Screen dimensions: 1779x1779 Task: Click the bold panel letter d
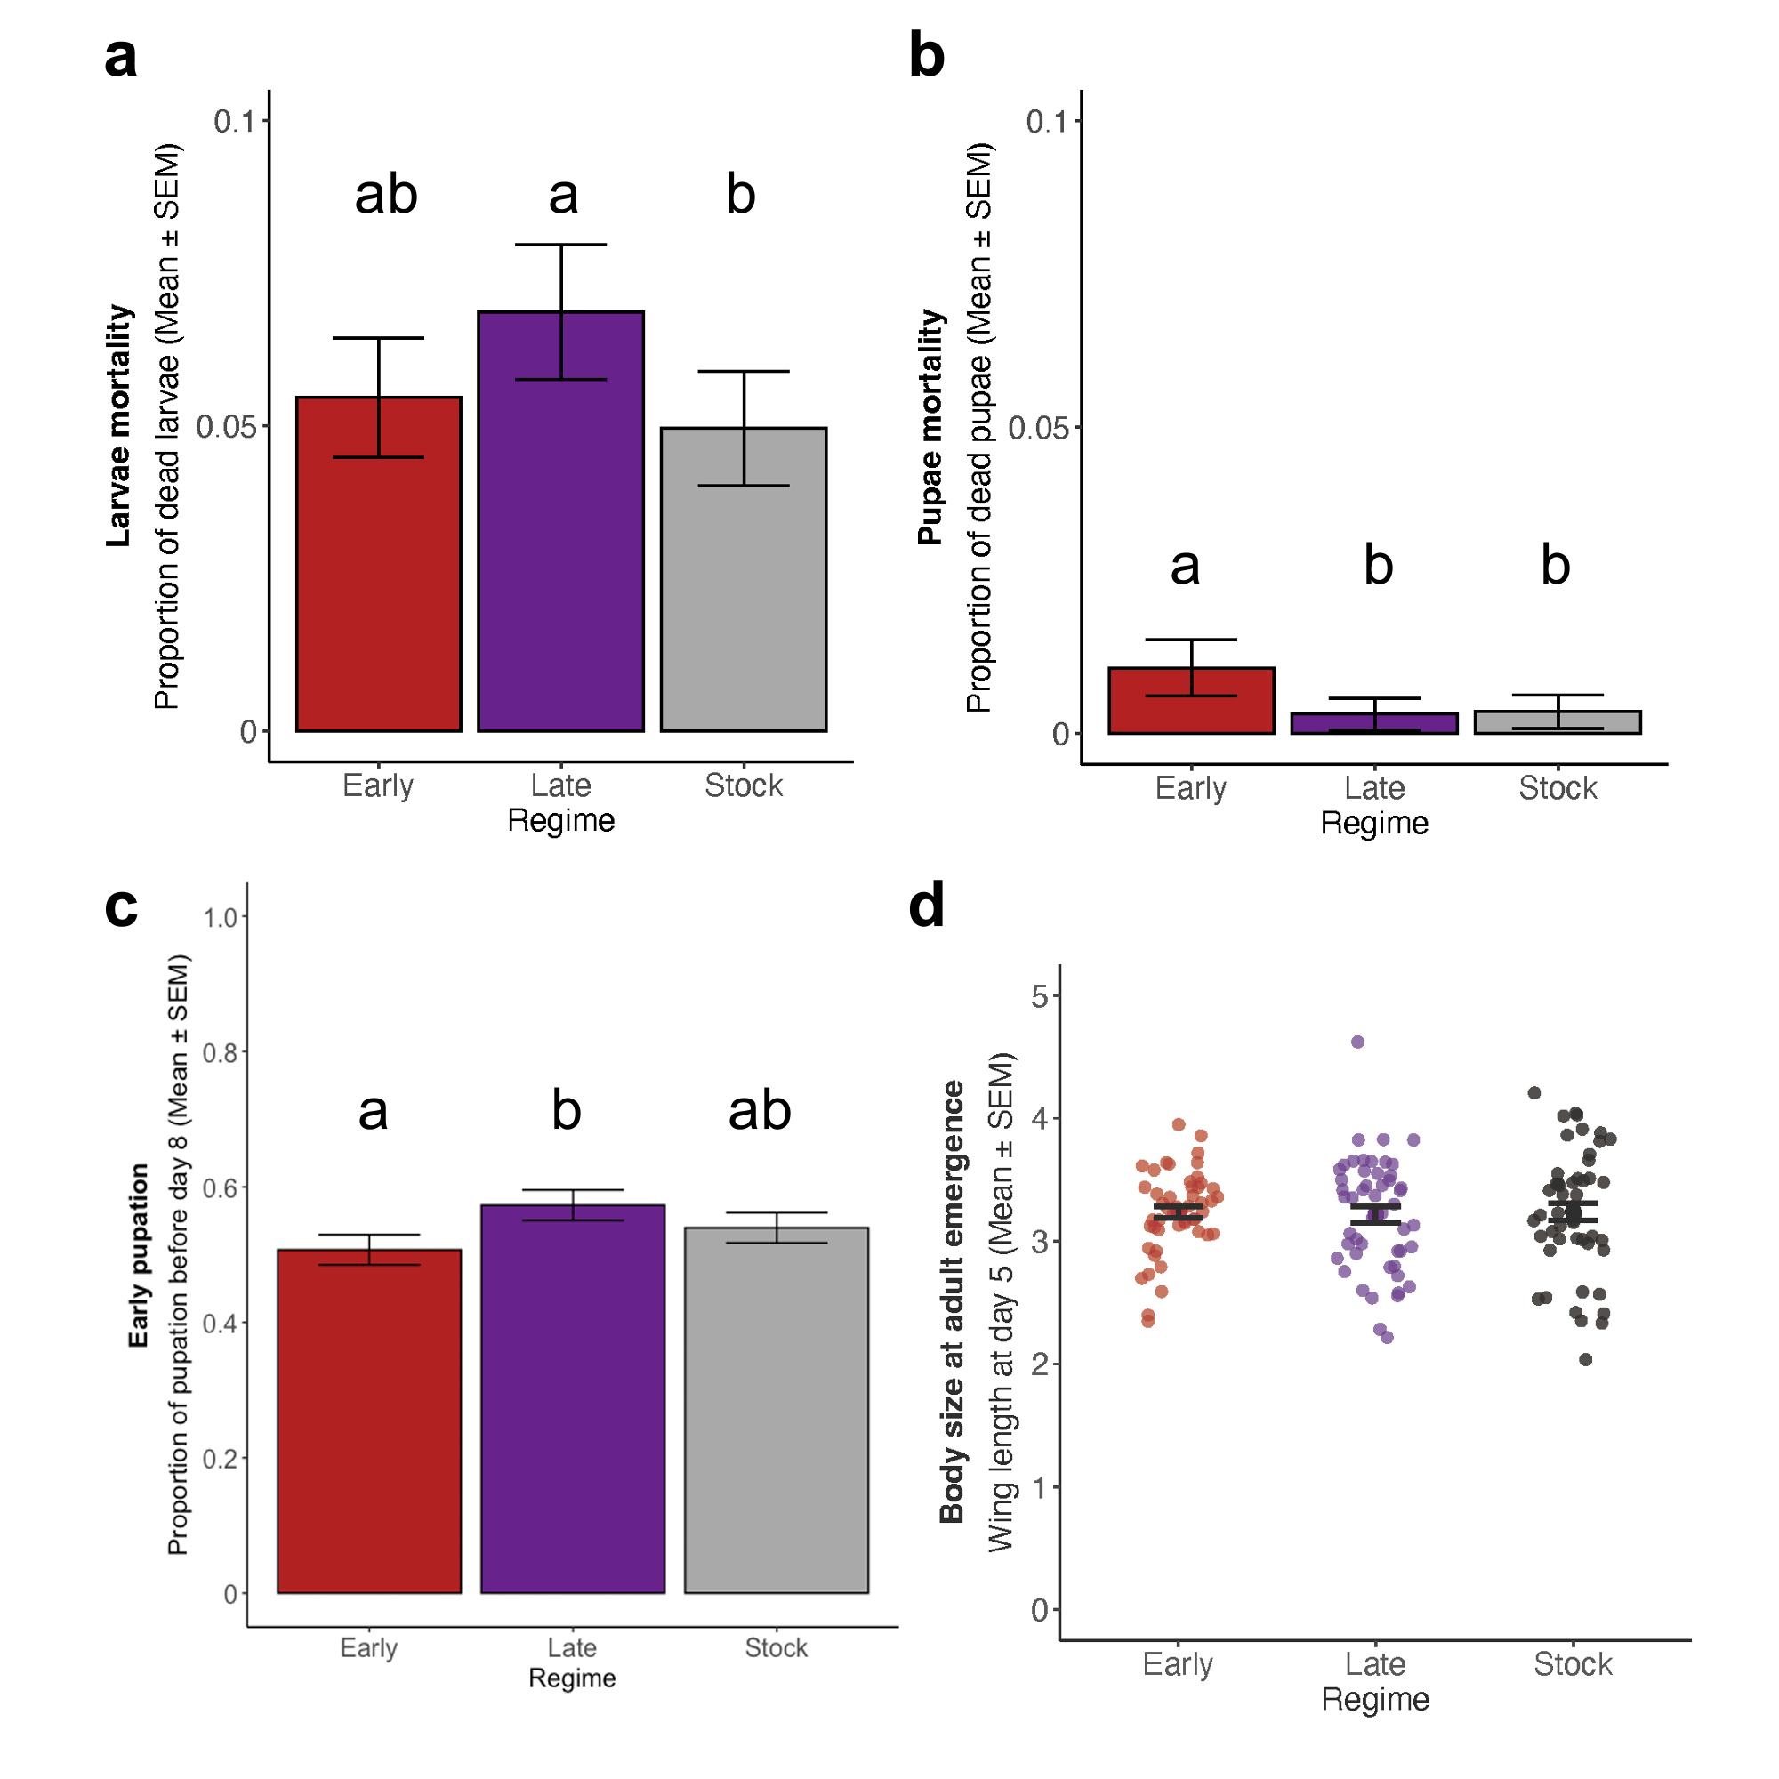click(x=926, y=906)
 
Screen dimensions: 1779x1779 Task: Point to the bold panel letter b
click(x=926, y=55)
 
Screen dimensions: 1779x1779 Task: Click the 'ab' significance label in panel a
click(x=386, y=194)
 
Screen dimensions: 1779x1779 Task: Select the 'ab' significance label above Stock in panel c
click(x=759, y=1109)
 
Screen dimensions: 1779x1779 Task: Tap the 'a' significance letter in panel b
click(x=1185, y=566)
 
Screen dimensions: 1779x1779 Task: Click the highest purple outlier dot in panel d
click(x=1357, y=1042)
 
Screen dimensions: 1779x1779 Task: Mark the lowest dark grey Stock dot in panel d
click(x=1586, y=1359)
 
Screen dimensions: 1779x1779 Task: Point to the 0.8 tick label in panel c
click(x=219, y=1052)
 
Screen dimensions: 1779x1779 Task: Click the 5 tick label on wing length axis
click(x=1040, y=996)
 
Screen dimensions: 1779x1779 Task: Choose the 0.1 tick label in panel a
click(x=234, y=122)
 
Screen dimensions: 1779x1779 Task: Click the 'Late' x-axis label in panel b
click(x=1374, y=788)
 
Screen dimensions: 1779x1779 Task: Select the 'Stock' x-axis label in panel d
click(x=1573, y=1664)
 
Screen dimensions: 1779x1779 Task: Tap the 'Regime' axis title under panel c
click(x=572, y=1678)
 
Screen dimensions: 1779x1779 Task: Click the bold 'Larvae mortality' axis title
click(x=119, y=425)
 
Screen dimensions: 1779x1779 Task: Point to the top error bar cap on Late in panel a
click(x=559, y=245)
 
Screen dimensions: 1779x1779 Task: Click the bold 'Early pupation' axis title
click(x=138, y=1256)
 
